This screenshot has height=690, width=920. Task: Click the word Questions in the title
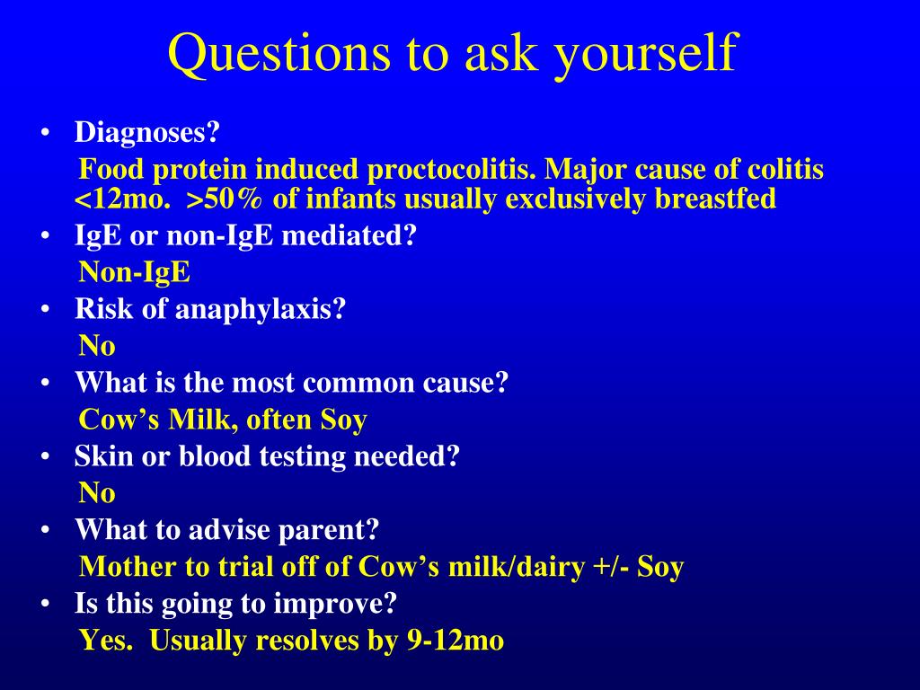279,53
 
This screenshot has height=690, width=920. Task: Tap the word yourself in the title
645,54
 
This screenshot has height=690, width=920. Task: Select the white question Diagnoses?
146,132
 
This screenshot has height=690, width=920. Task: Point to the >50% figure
225,199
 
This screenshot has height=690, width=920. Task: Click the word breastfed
715,199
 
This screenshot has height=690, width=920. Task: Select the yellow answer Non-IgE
135,272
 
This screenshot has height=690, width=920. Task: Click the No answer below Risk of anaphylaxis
97,346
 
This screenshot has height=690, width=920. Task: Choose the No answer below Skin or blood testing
97,493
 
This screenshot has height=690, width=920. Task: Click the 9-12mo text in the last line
456,640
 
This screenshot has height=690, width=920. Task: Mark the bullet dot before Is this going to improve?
46,603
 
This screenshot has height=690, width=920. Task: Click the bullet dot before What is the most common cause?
46,383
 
